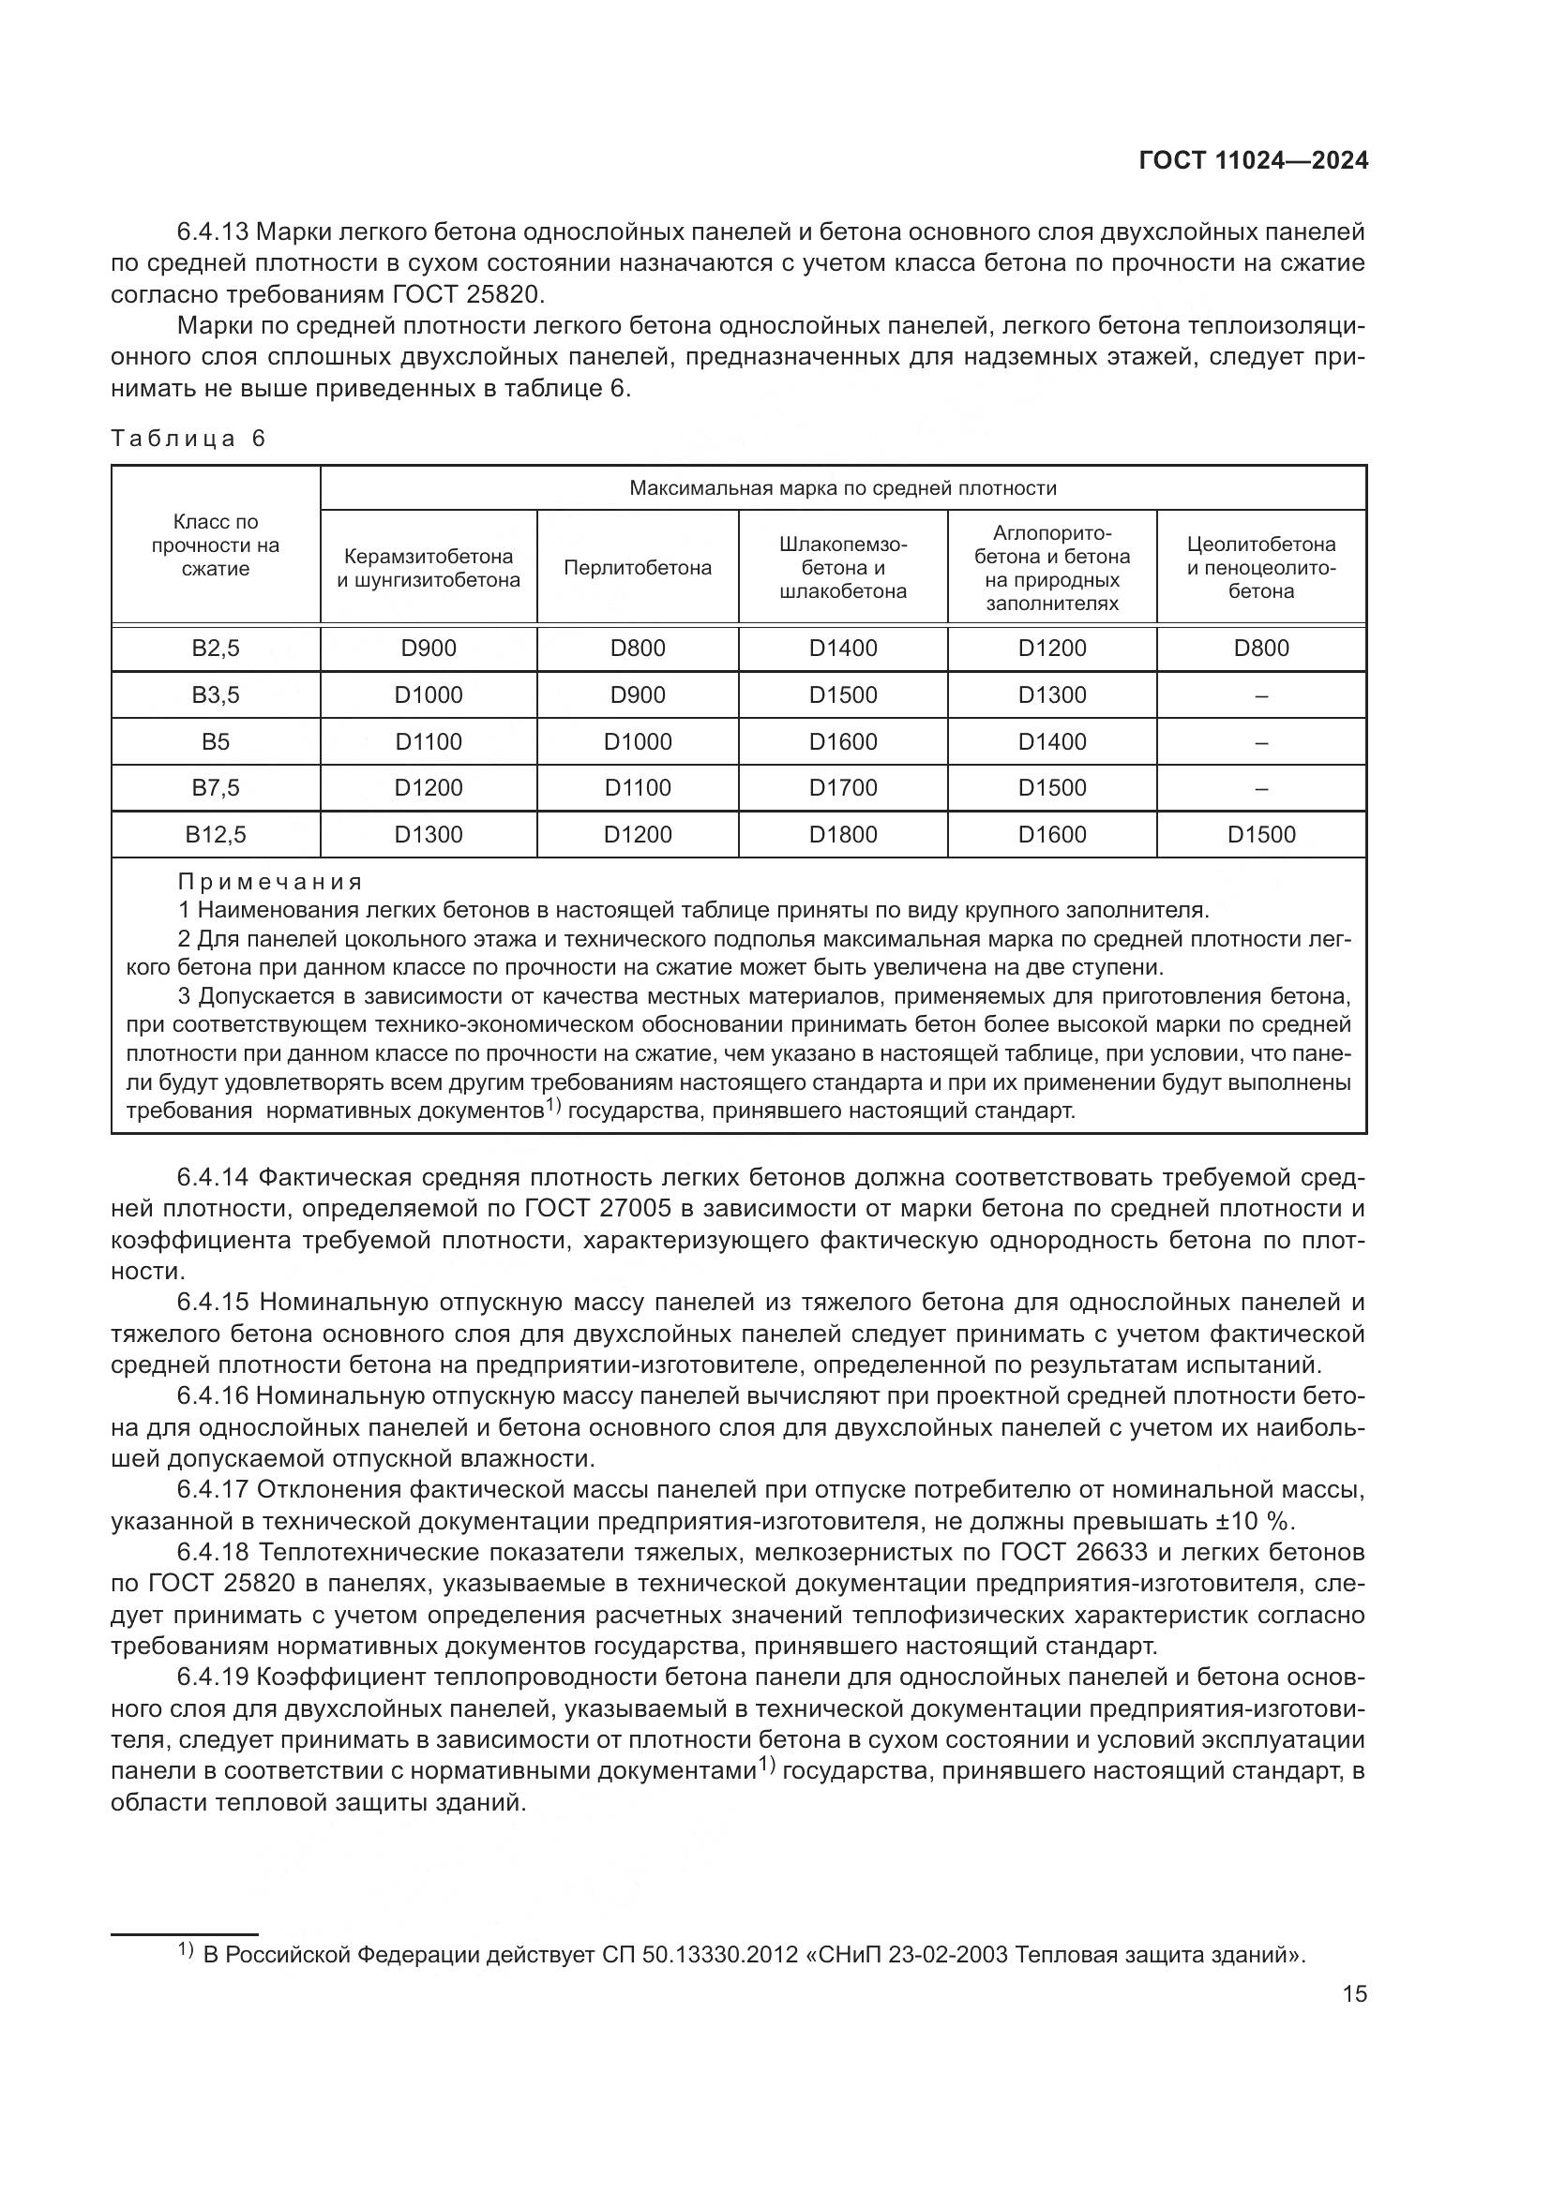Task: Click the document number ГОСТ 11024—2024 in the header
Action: pos(1253,160)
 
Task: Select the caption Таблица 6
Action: pos(188,439)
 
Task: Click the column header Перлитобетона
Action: pos(637,568)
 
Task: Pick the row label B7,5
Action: pos(215,787)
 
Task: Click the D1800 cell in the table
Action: pos(842,834)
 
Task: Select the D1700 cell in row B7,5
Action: pos(842,787)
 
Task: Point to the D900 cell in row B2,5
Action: pos(428,649)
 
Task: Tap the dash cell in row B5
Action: pos(1260,742)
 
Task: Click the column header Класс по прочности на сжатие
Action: pos(215,545)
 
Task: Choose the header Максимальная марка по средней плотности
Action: pos(842,489)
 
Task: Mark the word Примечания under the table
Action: pos(270,881)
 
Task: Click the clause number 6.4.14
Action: pos(213,1177)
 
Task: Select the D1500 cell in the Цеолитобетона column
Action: pos(1260,834)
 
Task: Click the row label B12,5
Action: pos(215,834)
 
